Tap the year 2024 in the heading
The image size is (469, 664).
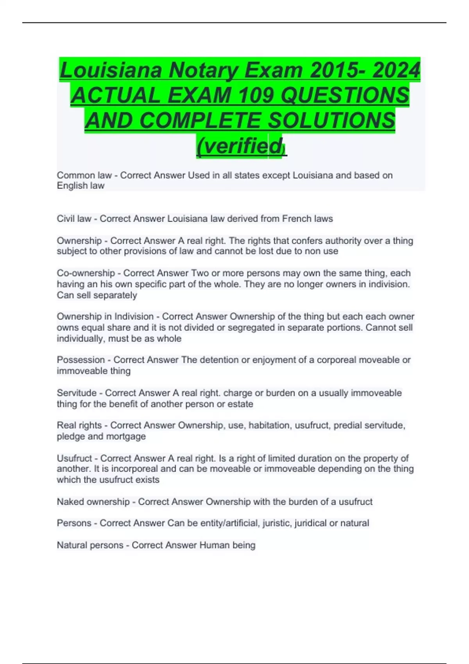pyautogui.click(x=396, y=70)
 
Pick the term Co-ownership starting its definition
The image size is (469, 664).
pyautogui.click(x=86, y=273)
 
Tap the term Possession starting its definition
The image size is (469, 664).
pyautogui.click(x=81, y=360)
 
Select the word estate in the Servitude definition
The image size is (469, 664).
pyautogui.click(x=240, y=404)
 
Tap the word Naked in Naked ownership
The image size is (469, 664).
pyautogui.click(x=70, y=502)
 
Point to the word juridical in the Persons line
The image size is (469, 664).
pyautogui.click(x=311, y=523)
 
